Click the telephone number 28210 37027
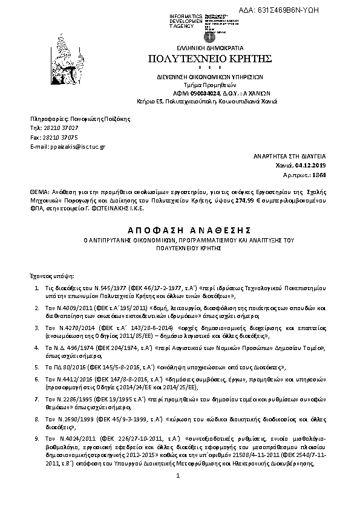[62, 128]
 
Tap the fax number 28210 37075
[62, 137]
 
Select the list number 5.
[38, 367]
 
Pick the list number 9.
[38, 437]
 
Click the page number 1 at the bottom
[179, 494]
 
